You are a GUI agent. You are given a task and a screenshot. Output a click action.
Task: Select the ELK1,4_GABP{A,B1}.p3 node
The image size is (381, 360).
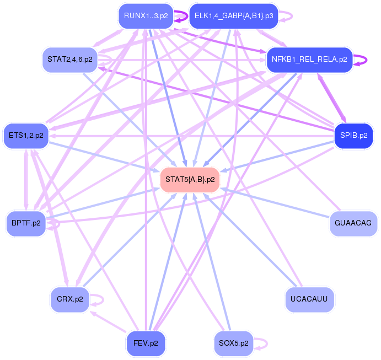tap(234, 16)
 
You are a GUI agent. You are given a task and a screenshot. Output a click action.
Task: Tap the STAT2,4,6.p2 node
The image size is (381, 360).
tap(69, 59)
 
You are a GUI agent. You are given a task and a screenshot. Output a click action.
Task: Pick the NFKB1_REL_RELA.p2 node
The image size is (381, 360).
tap(309, 59)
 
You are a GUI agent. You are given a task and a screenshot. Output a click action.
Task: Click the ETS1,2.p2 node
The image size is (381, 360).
tap(26, 135)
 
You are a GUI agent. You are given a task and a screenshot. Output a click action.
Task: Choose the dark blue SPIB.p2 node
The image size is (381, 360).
tap(353, 135)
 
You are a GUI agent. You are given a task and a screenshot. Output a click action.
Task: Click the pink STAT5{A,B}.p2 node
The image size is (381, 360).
tap(190, 179)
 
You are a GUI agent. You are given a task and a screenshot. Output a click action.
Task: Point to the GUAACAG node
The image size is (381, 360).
tap(353, 223)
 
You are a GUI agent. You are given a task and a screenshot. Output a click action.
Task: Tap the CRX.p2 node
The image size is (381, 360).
tap(69, 299)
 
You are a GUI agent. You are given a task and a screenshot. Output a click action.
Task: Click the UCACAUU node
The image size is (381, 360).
tap(309, 299)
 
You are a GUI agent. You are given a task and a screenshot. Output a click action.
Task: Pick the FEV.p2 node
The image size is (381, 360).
tap(146, 343)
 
